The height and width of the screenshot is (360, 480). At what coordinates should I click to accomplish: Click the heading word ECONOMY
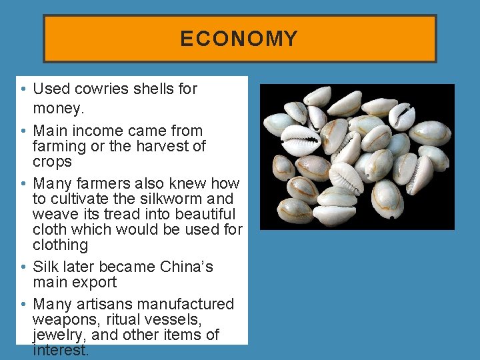coord(239,39)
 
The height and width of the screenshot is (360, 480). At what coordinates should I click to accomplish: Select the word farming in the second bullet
coord(58,146)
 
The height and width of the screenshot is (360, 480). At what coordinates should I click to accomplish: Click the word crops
coord(52,162)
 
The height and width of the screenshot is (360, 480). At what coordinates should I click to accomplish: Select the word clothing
coord(61,245)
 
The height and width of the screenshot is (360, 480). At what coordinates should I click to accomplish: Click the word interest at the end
coord(59,351)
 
